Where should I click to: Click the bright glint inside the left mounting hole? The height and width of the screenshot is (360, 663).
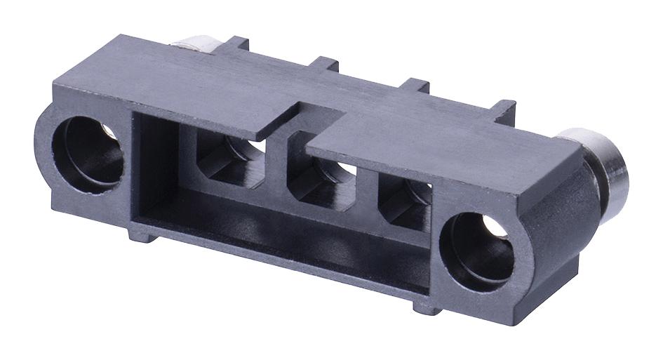108,133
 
